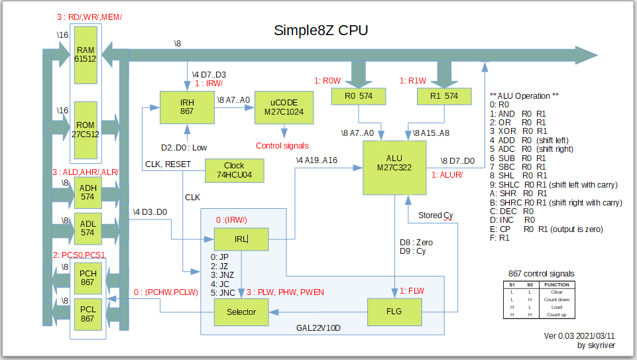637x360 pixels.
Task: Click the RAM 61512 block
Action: [x=86, y=55]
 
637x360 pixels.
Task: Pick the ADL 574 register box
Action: [x=87, y=228]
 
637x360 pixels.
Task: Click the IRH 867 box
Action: [x=186, y=107]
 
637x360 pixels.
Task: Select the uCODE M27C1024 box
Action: [x=284, y=107]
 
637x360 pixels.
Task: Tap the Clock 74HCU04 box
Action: [x=234, y=170]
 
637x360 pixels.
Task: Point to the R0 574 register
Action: [x=358, y=96]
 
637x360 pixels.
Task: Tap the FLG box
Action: [x=394, y=312]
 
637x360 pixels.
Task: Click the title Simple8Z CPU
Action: [x=321, y=30]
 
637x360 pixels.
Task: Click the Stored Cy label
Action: [x=435, y=215]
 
